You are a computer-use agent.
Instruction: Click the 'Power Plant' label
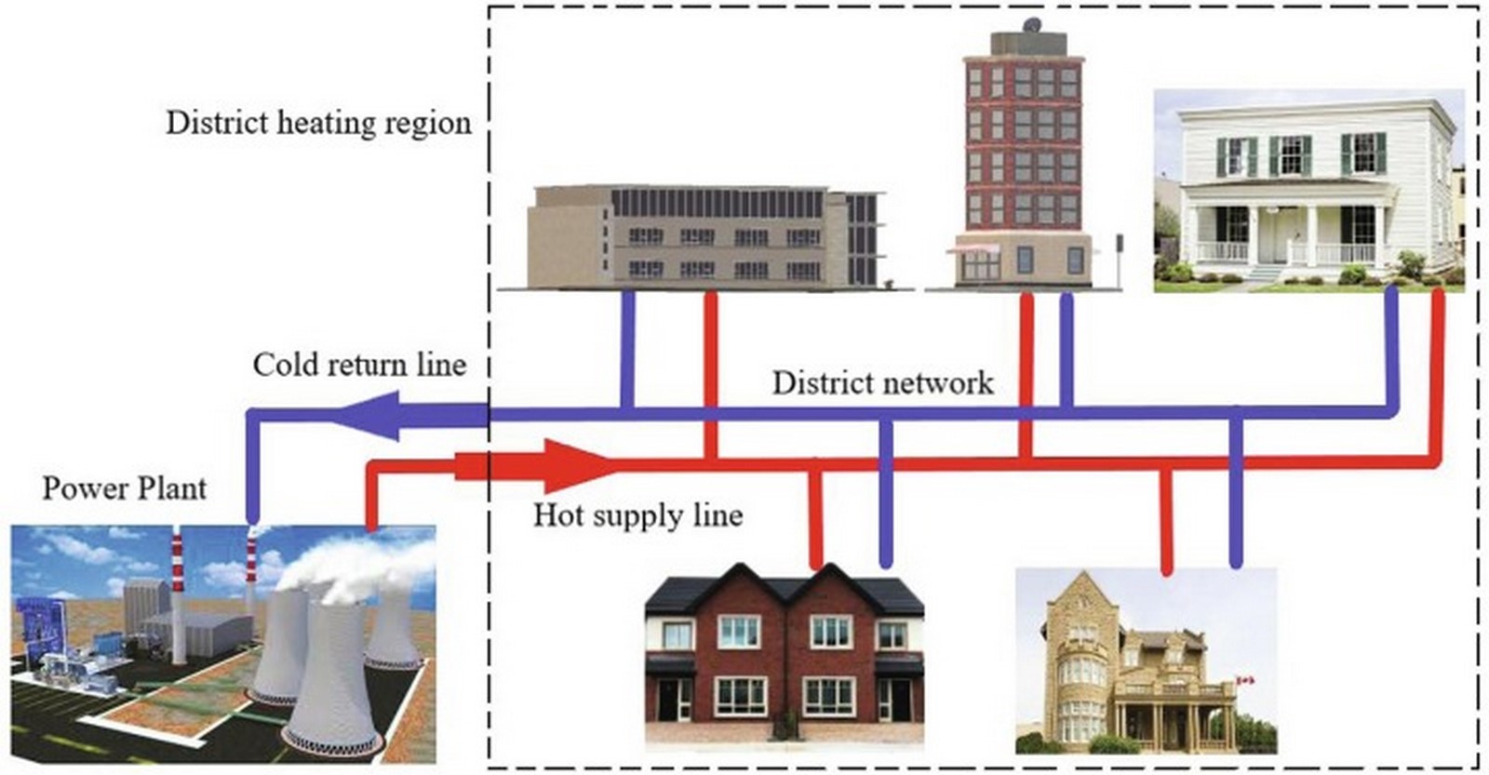125,489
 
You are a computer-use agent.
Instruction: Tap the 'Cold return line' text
359,365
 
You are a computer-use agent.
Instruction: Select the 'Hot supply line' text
638,515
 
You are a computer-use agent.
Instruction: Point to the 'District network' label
883,383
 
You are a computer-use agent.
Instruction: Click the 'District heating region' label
318,124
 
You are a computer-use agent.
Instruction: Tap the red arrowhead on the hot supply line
577,466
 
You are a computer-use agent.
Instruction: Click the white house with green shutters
1308,191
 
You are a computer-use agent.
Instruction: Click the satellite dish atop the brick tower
1032,24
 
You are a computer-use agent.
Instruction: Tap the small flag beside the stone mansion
1245,680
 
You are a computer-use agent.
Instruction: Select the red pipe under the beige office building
711,376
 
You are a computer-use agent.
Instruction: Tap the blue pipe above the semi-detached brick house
885,492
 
